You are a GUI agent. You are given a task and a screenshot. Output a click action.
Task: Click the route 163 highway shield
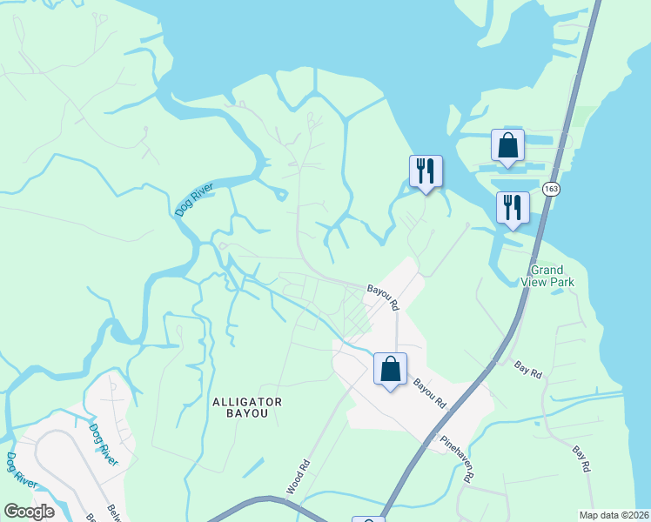(550, 189)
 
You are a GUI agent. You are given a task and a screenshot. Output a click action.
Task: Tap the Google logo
(29, 512)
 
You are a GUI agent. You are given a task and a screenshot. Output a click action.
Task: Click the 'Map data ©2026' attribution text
(614, 515)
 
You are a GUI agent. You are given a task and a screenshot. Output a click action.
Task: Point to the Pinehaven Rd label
(457, 458)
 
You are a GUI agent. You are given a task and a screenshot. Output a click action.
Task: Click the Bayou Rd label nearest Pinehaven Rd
(429, 393)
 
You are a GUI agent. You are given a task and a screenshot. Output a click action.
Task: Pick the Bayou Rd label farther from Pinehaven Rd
(382, 298)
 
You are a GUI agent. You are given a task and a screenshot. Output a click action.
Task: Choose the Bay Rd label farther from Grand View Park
(582, 459)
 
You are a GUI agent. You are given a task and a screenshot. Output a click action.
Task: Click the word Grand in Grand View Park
(546, 270)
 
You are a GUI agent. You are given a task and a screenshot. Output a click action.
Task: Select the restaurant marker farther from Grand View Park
(426, 171)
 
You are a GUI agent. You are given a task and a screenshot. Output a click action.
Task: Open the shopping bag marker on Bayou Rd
(390, 369)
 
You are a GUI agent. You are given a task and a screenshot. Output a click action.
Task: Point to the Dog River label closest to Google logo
(20, 470)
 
